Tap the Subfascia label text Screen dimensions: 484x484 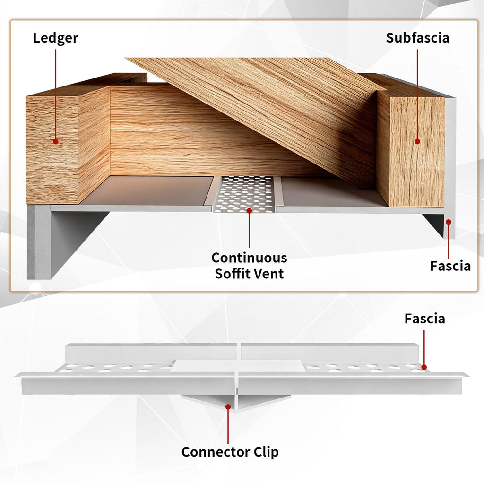tap(417, 38)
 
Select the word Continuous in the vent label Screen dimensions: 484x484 tap(249, 258)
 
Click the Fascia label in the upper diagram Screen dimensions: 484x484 tap(450, 266)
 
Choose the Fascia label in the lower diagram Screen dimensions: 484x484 tap(425, 319)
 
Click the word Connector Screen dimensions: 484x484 tap(216, 452)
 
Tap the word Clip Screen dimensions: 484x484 tap(266, 452)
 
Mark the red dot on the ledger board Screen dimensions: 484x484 tap(56, 141)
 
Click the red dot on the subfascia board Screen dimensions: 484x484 tap(417, 141)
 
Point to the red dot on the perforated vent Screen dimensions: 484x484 tap(249, 210)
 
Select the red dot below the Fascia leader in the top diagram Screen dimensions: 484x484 tap(449, 222)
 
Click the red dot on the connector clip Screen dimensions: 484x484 tap(228, 407)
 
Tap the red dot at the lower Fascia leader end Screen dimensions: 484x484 tap(424, 367)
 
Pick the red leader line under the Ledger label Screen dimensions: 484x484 tap(56, 94)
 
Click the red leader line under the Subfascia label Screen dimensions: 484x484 tap(417, 94)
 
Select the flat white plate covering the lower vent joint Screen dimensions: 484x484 tap(238, 365)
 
